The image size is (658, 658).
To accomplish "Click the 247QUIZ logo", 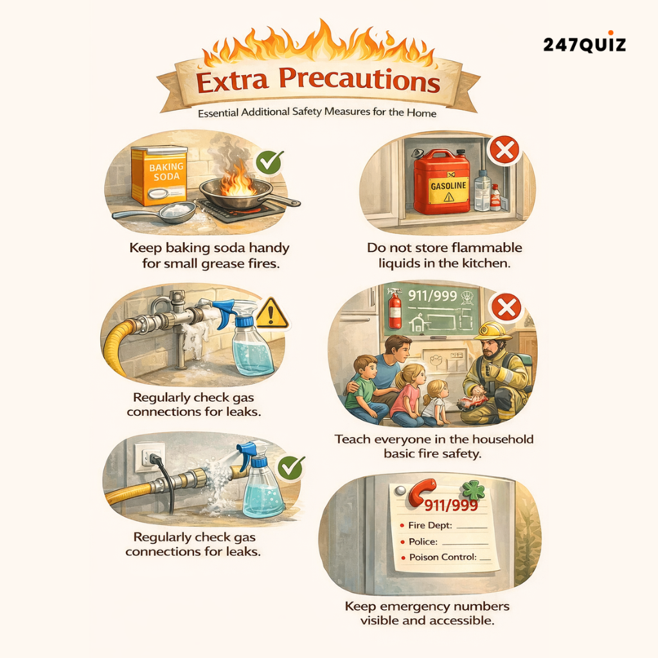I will pos(583,44).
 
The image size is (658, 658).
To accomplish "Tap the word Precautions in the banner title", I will pos(364,82).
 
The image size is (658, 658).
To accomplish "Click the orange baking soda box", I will pos(159,175).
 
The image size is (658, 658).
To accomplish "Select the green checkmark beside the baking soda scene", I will pos(269,162).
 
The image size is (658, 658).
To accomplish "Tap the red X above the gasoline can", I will pos(504,151).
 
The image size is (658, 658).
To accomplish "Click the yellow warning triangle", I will pos(272,314).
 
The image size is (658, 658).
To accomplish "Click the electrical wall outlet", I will pos(149,457).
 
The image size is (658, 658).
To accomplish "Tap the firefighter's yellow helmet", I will pos(493,330).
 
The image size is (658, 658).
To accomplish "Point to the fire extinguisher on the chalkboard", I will pos(395,308).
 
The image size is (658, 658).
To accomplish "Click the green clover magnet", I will pos(476,490).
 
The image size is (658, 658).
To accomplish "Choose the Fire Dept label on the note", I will pos(430,525).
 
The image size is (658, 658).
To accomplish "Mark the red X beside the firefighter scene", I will pos(507,308).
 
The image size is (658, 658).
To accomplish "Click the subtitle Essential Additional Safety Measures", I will pos(317,113).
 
